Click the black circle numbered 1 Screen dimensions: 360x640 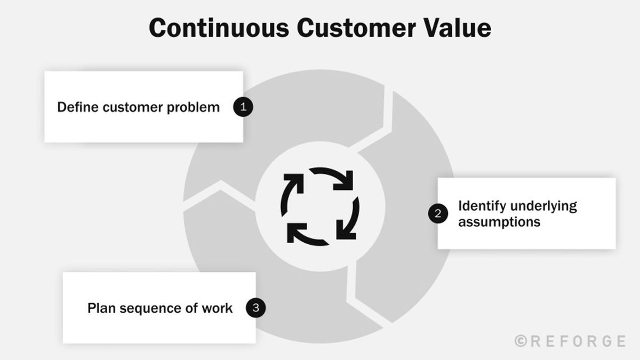243,107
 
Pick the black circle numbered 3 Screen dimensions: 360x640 256,308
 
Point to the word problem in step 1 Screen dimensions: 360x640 194,108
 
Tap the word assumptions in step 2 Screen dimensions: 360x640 499,221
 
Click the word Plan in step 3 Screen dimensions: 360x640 100,308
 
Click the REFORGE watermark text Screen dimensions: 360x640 577,341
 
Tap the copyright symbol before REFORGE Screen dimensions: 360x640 521,341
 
